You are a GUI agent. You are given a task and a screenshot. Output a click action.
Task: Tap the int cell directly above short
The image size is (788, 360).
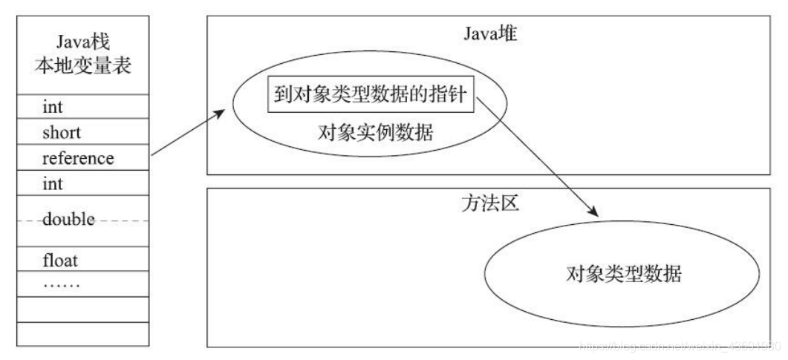click(x=53, y=108)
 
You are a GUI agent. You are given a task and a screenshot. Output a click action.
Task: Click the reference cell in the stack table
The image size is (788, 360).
click(x=77, y=158)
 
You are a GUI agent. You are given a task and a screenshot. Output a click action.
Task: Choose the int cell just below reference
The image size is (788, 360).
click(x=53, y=183)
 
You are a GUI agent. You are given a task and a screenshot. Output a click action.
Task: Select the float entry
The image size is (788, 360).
click(x=60, y=261)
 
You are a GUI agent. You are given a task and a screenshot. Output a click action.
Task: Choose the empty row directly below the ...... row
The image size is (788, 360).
click(x=82, y=309)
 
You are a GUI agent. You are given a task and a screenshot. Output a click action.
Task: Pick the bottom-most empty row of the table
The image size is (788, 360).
click(x=82, y=333)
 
